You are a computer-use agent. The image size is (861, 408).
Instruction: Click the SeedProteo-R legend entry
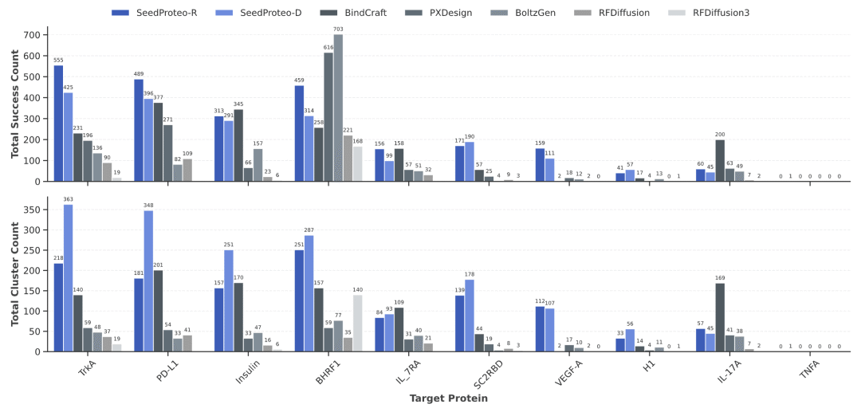(155, 13)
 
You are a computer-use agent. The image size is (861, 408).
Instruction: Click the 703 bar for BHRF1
(338, 108)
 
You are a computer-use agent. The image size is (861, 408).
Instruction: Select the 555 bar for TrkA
(58, 124)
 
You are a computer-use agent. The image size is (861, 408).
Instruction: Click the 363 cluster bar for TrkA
(68, 278)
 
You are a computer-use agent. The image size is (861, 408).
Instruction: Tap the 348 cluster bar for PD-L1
(148, 281)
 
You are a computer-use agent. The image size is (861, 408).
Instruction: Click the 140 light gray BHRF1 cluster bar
(357, 323)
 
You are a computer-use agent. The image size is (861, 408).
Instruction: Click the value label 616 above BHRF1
(328, 48)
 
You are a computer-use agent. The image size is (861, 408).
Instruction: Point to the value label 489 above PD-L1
(139, 74)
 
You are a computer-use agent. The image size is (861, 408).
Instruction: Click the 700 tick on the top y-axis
(32, 35)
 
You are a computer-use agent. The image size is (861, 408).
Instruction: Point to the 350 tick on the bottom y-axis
(32, 210)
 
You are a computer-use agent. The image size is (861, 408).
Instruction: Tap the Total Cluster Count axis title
(14, 273)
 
